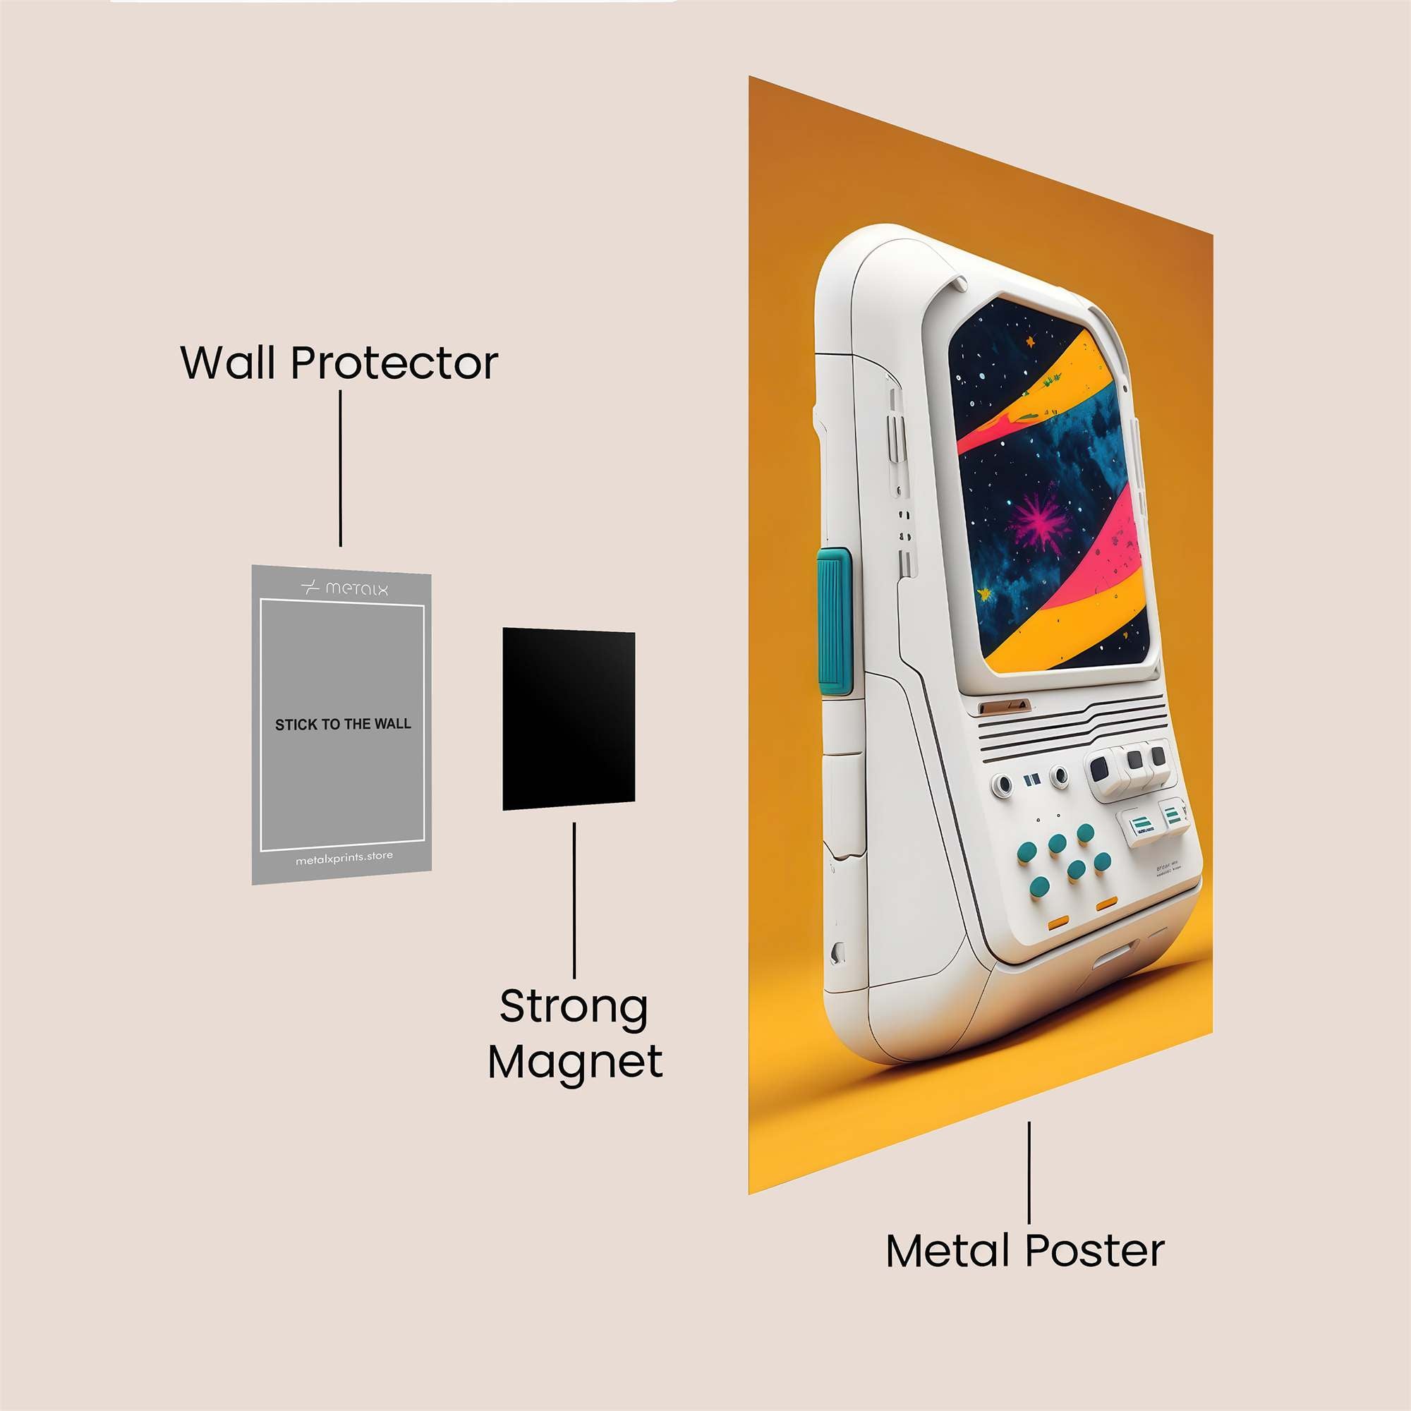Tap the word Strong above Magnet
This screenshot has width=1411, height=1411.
click(x=574, y=1007)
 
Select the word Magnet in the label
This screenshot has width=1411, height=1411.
click(x=575, y=1062)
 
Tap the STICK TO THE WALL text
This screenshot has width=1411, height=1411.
click(x=343, y=725)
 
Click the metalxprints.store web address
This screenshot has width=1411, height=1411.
click(x=344, y=857)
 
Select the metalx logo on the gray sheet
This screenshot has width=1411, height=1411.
click(x=344, y=588)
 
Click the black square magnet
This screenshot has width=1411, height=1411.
click(x=568, y=719)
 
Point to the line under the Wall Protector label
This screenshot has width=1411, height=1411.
click(x=340, y=468)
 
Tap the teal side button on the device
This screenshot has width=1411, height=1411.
click(x=834, y=621)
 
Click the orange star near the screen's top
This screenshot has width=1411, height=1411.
click(x=1031, y=340)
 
